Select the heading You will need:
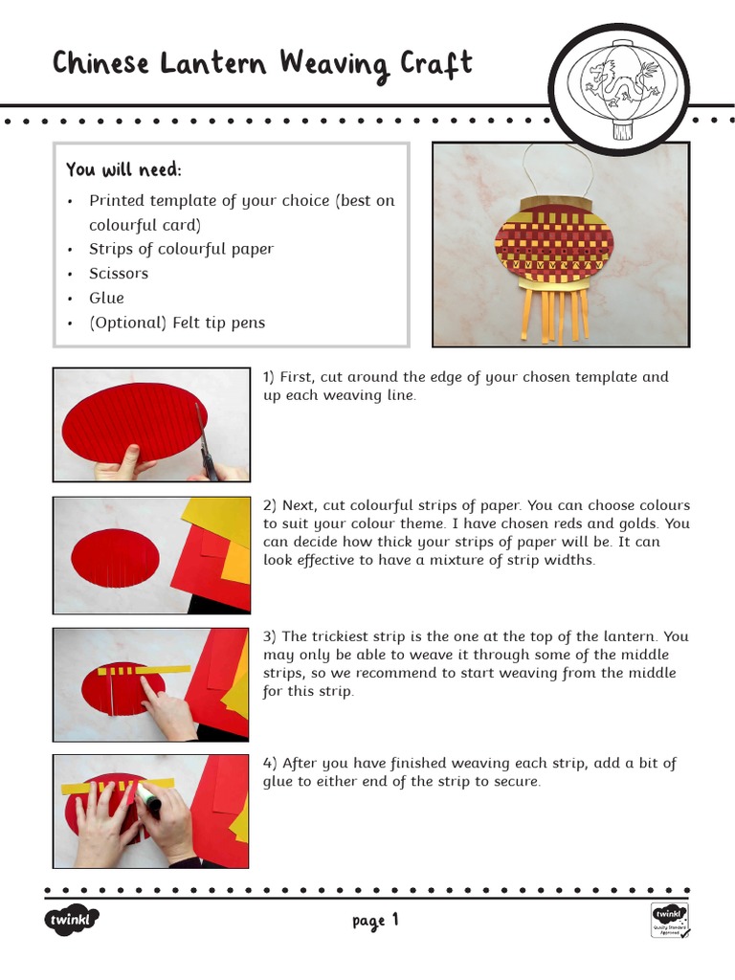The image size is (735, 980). point(123,169)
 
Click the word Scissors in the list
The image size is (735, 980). point(119,273)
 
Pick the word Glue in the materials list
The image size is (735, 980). point(106,298)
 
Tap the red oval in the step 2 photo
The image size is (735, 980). point(115,559)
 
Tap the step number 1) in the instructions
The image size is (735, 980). point(269,377)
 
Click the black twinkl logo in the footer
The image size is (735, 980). point(72,921)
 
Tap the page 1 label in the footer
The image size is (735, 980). point(374,921)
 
